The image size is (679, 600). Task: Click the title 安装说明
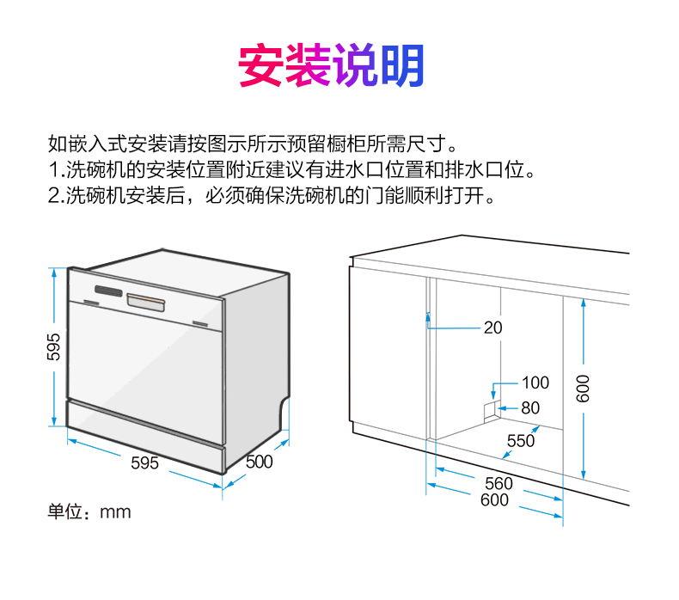pos(331,65)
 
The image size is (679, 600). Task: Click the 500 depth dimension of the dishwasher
pos(259,462)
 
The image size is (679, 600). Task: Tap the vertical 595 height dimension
pos(53,346)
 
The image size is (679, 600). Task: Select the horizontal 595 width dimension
pos(144,462)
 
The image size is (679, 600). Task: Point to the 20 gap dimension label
pos(492,328)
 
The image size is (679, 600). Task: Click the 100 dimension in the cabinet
pos(535,383)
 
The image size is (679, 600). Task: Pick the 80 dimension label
pos(530,408)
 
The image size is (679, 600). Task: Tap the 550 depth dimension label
pos(521,441)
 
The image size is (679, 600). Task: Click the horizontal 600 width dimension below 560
pos(494,500)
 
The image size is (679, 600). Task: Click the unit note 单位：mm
pos(89,512)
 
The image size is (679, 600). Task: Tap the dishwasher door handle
pos(146,301)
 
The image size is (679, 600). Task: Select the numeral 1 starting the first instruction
pos(53,168)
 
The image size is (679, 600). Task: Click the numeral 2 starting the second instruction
pos(53,195)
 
